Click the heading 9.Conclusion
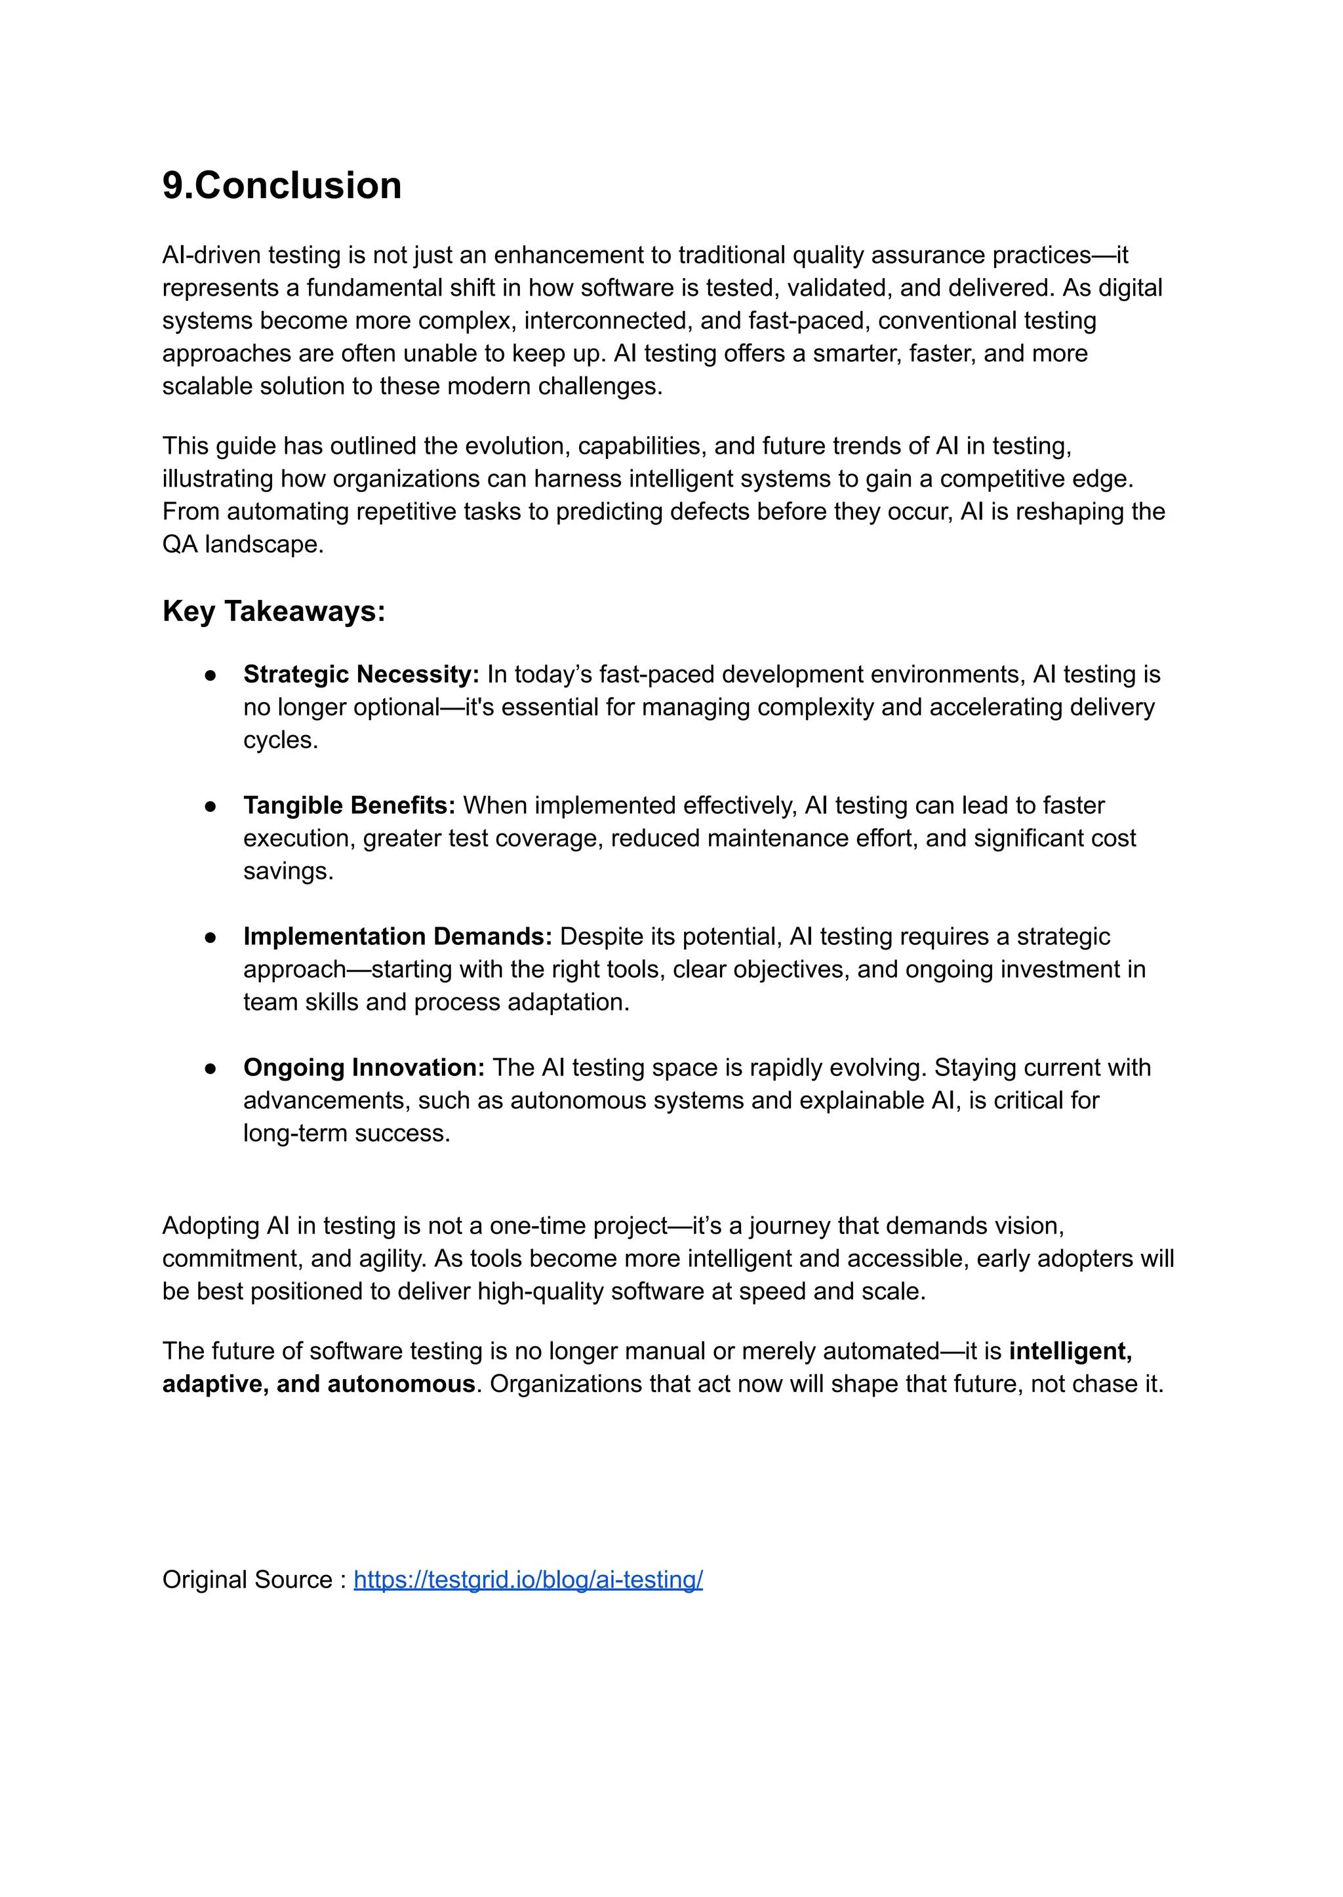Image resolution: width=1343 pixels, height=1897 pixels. (x=281, y=185)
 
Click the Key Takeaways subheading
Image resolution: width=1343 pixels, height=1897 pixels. (x=273, y=611)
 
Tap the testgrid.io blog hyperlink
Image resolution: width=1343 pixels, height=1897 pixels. (x=528, y=1580)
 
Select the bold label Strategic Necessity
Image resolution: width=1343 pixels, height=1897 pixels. (x=361, y=674)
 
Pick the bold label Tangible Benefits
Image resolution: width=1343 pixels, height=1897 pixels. (x=349, y=805)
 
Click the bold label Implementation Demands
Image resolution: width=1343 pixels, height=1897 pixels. (x=397, y=936)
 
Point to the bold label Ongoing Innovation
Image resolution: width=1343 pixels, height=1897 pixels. (x=364, y=1067)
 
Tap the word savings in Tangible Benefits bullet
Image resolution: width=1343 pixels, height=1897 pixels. (x=287, y=871)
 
